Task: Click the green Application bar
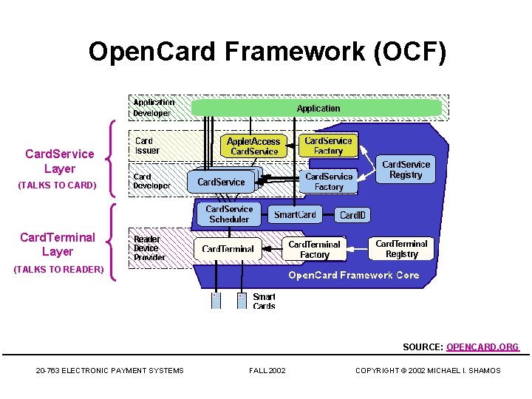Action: [x=317, y=109]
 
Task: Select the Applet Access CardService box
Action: [x=253, y=146]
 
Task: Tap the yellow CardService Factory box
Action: [x=328, y=146]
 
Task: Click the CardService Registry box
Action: [x=406, y=169]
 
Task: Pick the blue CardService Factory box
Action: [x=329, y=182]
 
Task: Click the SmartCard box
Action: [x=295, y=215]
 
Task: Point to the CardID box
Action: [x=352, y=216]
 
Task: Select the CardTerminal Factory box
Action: [x=314, y=249]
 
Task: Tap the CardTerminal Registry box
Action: [x=401, y=249]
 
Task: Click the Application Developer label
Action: [x=154, y=108]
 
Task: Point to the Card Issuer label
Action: [x=146, y=146]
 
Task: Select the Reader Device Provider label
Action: [x=149, y=248]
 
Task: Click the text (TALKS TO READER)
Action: [x=59, y=270]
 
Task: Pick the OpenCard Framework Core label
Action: [x=353, y=275]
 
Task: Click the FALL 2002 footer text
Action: [x=267, y=370]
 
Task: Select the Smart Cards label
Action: [x=264, y=301]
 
